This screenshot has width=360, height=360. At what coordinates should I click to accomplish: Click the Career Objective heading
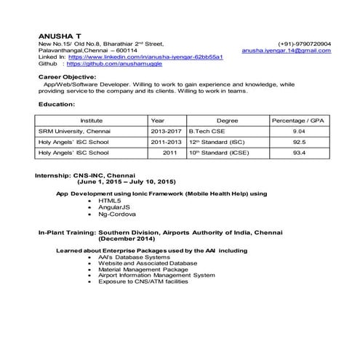tap(67, 76)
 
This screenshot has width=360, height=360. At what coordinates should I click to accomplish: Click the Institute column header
tap(92, 119)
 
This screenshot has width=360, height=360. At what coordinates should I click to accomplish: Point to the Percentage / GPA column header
tap(297, 119)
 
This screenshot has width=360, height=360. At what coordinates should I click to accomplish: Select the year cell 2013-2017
tap(167, 131)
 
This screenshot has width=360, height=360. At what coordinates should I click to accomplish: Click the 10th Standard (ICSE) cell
tap(217, 154)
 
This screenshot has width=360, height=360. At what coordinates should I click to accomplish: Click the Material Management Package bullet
tap(141, 269)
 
